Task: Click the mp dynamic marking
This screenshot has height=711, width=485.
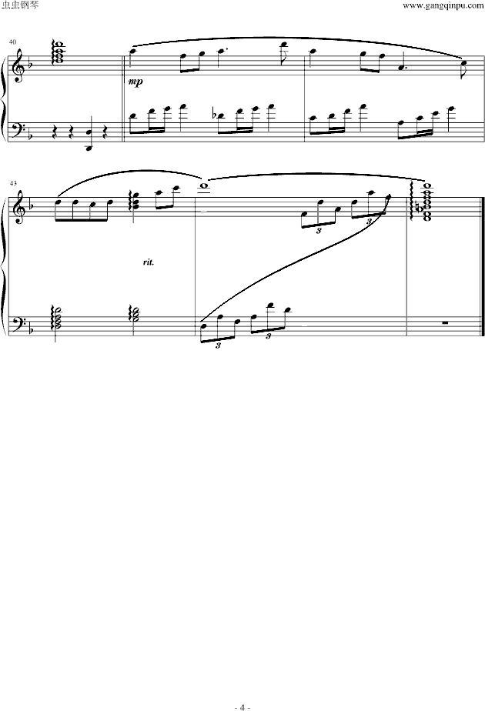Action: [x=135, y=82]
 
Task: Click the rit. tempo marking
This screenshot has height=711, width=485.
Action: [x=149, y=262]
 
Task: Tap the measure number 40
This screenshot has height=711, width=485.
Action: [x=12, y=42]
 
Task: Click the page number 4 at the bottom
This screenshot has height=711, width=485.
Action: [x=242, y=707]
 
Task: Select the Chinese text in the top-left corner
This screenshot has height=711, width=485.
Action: [x=21, y=5]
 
